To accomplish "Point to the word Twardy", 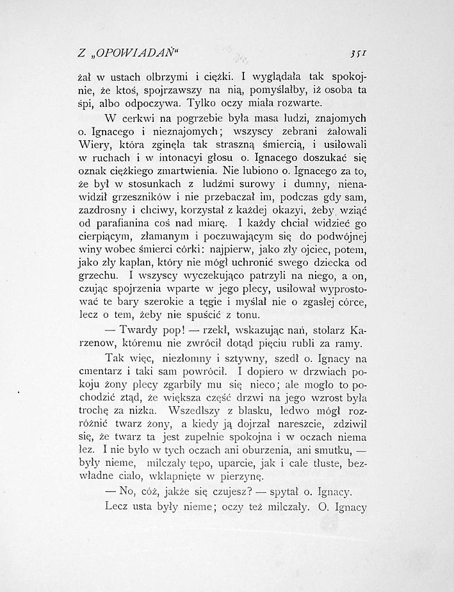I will coord(144,333).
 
